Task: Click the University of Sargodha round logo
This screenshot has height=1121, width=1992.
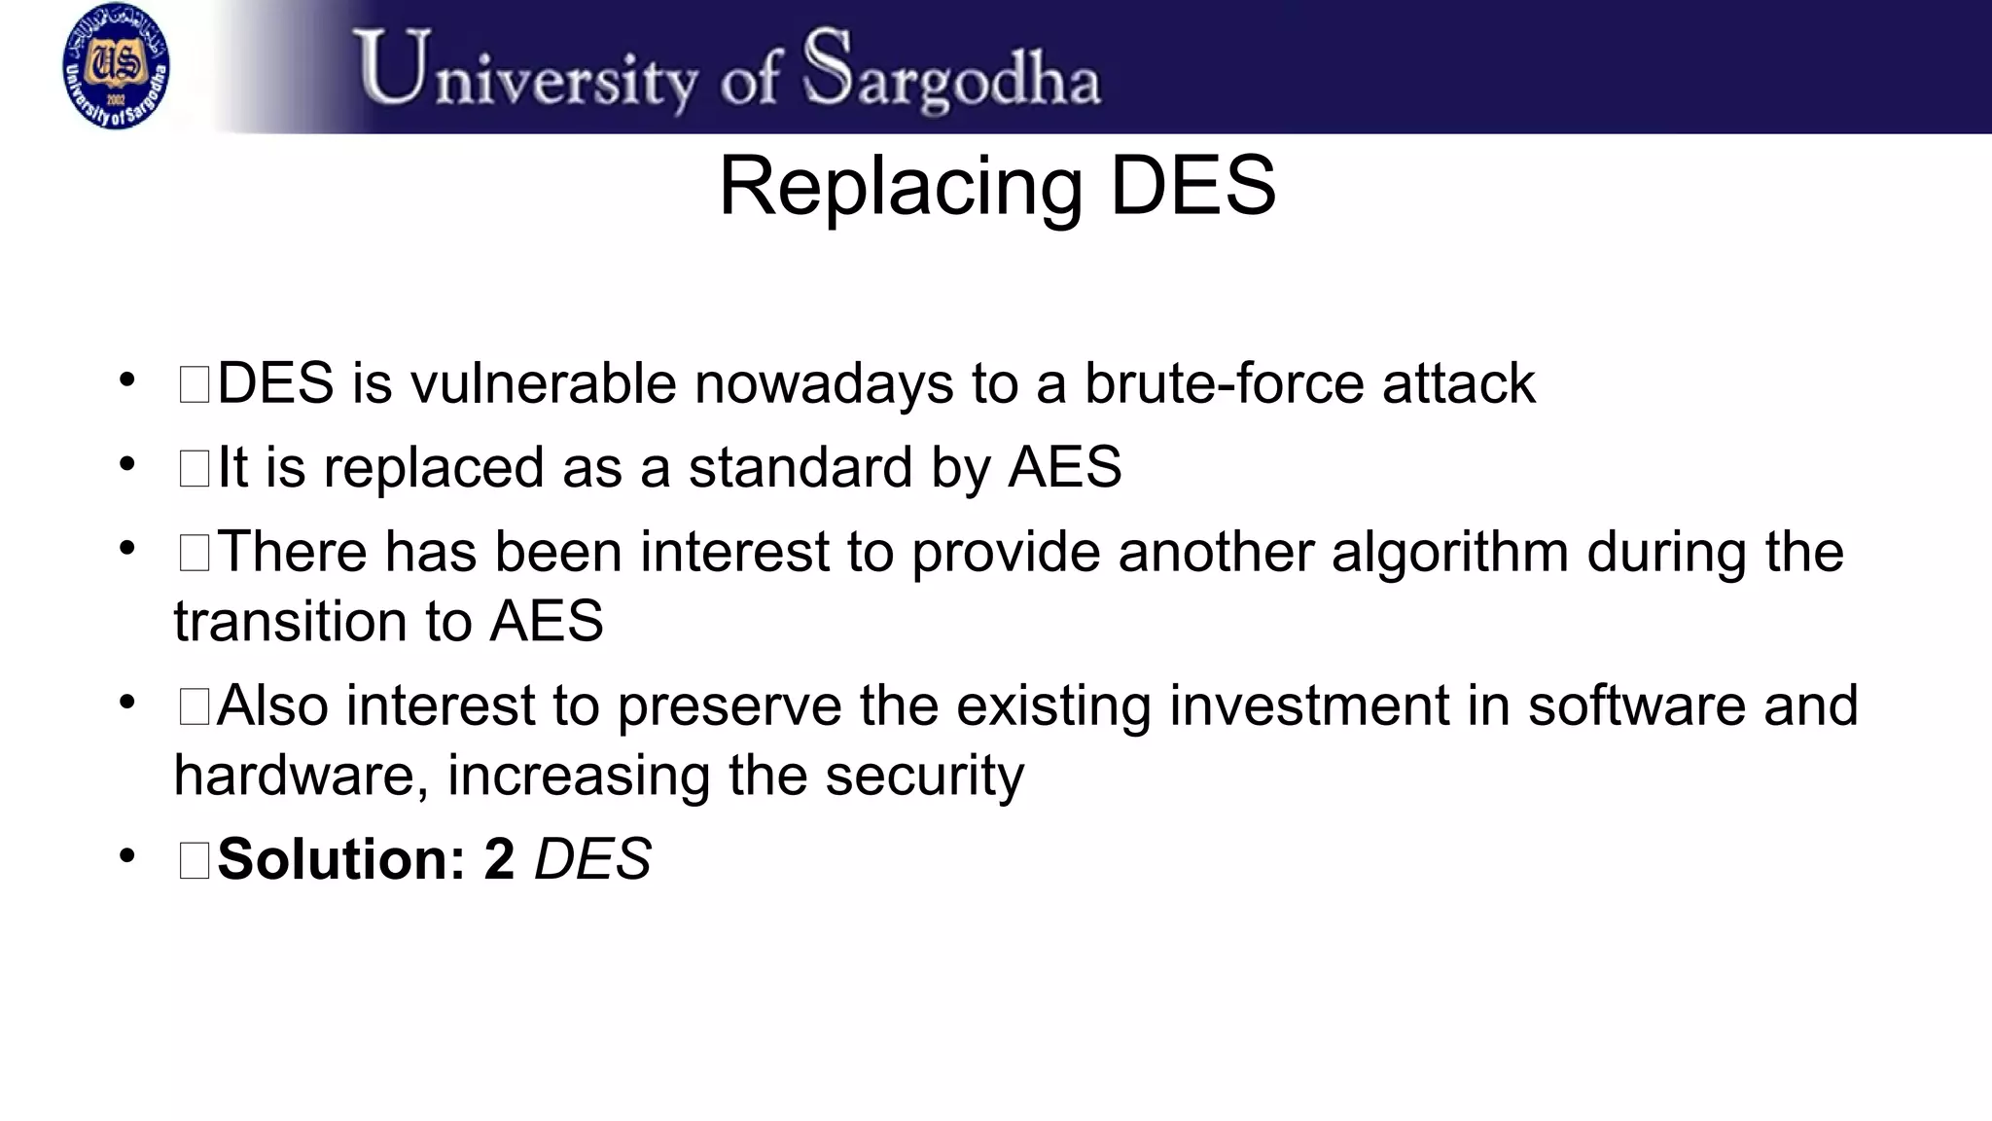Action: [x=116, y=67]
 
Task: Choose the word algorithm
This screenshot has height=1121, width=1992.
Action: [x=1449, y=553]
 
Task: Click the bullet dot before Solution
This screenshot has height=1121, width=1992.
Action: [x=126, y=856]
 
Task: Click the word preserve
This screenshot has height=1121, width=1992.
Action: [x=729, y=706]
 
